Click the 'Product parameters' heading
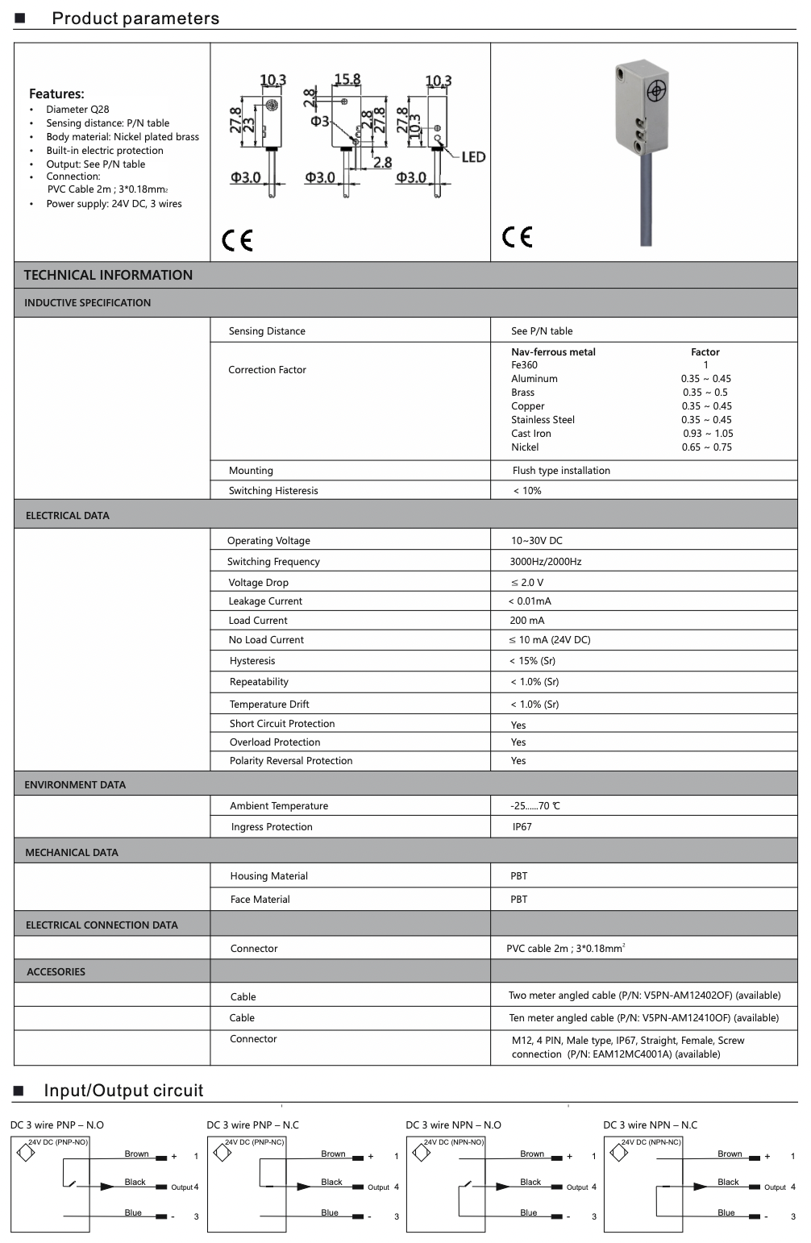pos(135,19)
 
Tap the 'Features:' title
pos(56,94)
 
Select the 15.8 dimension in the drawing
pos(347,79)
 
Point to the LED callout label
pos(473,156)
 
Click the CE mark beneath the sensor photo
pos(518,236)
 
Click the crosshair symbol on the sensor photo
pos(656,90)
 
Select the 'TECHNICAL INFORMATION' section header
pos(108,275)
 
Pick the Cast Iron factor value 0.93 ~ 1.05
pos(708,434)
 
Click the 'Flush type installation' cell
pos(561,471)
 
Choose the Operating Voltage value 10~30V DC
pos(537,541)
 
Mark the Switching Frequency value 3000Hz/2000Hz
pos(545,562)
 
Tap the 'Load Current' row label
pos(258,621)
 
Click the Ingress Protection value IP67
pos(522,827)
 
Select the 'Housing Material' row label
pos(268,876)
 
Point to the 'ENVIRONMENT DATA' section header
pos(75,784)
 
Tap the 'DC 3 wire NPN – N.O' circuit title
pos(453,1125)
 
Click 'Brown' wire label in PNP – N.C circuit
pos(333,1154)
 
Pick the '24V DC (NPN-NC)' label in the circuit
pos(651,1142)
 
